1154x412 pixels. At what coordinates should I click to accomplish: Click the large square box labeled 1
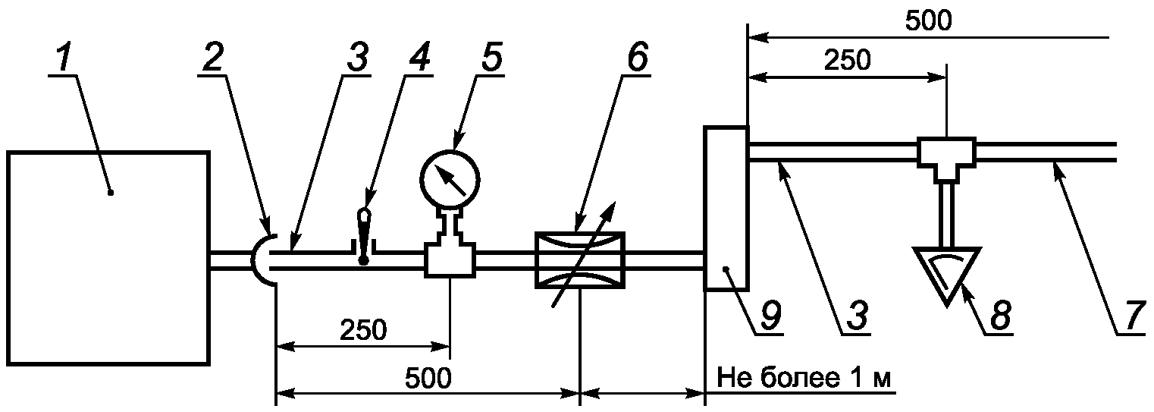pyautogui.click(x=108, y=258)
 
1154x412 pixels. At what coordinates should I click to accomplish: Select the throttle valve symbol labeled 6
pyautogui.click(x=580, y=260)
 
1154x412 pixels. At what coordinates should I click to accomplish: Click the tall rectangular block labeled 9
pyautogui.click(x=726, y=209)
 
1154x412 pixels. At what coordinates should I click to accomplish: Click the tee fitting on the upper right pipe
pyautogui.click(x=947, y=154)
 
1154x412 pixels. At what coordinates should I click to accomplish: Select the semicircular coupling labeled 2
pyautogui.click(x=264, y=260)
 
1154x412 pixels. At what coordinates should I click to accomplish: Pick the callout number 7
pyautogui.click(x=1131, y=319)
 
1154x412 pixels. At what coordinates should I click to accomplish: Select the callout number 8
pyautogui.click(x=1000, y=319)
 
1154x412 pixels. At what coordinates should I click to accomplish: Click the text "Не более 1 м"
pyautogui.click(x=803, y=377)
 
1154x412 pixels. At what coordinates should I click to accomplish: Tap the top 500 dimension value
pyautogui.click(x=927, y=21)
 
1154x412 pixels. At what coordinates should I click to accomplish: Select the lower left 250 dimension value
pyautogui.click(x=362, y=330)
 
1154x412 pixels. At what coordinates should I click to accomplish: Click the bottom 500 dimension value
pyautogui.click(x=427, y=377)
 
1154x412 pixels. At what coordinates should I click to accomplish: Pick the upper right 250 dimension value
pyautogui.click(x=847, y=60)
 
